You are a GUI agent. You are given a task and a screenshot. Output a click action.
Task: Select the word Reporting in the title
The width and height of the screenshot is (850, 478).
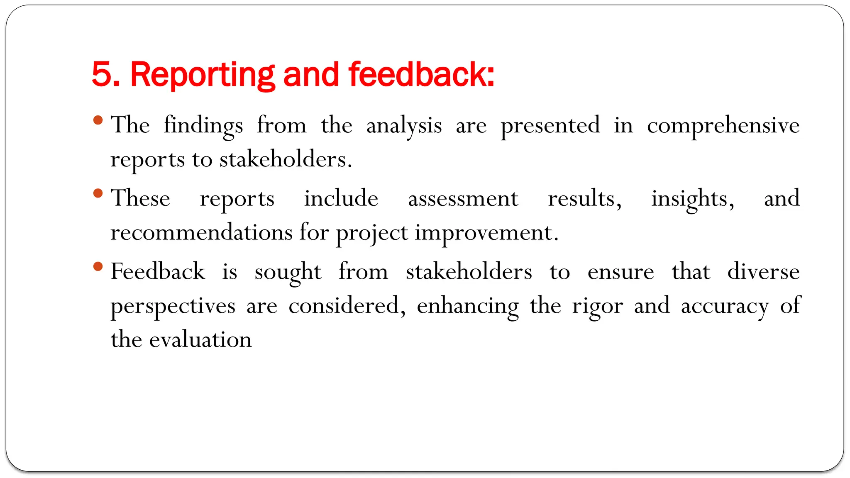203,75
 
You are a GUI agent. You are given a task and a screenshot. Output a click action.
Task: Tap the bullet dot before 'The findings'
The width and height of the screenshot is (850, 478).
98,120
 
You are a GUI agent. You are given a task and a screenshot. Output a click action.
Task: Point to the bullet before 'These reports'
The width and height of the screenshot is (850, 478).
98,193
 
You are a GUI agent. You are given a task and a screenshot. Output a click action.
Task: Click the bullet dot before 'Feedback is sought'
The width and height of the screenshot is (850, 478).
98,266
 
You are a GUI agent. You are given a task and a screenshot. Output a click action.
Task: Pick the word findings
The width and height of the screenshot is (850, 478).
203,126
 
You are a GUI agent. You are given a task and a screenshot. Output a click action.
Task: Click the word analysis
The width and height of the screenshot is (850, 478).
404,126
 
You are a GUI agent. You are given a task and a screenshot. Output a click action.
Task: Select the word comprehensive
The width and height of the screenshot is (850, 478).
723,126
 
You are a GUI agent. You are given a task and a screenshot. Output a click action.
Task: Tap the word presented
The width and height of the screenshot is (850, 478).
550,126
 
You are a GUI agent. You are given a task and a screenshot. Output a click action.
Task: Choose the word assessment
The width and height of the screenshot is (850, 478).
463,199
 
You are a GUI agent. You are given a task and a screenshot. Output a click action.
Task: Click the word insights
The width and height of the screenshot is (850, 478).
692,199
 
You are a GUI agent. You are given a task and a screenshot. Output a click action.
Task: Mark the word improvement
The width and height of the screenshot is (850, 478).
486,233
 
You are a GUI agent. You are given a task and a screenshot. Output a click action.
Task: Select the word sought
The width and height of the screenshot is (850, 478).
288,273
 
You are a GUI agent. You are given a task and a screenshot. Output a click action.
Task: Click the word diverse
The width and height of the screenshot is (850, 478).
763,272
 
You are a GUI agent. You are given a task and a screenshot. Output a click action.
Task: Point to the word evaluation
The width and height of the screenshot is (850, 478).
200,340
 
